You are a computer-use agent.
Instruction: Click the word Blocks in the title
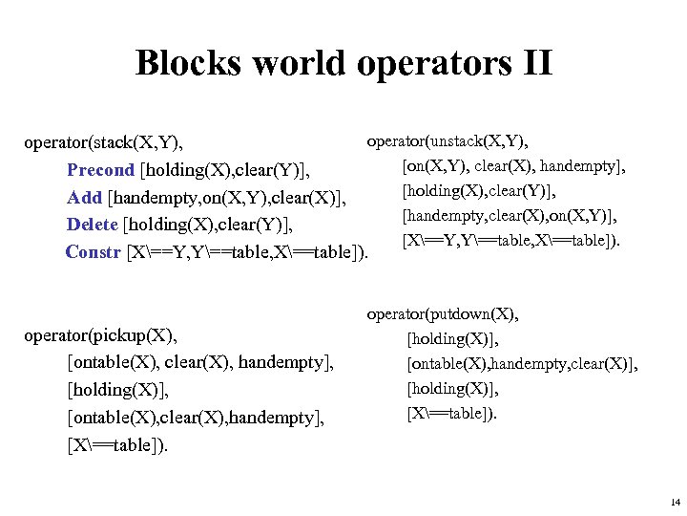[x=188, y=64]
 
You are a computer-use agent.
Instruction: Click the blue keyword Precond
[x=101, y=171]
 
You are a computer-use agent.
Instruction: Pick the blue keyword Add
[x=84, y=199]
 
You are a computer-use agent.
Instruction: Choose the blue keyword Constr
[x=94, y=253]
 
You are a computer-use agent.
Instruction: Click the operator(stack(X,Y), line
[x=103, y=143]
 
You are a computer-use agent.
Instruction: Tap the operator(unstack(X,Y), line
[x=448, y=142]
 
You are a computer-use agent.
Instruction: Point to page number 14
[x=675, y=503]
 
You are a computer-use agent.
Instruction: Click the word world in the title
[x=290, y=64]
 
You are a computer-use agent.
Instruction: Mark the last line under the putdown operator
[x=451, y=414]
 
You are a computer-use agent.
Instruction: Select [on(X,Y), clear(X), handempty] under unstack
[x=514, y=167]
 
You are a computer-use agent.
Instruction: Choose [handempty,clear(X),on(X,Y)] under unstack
[x=510, y=217]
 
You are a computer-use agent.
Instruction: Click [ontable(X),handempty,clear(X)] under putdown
[x=522, y=364]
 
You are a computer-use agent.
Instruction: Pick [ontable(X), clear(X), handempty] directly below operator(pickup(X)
[x=200, y=362]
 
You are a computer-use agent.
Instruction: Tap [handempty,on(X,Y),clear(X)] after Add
[x=226, y=199]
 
